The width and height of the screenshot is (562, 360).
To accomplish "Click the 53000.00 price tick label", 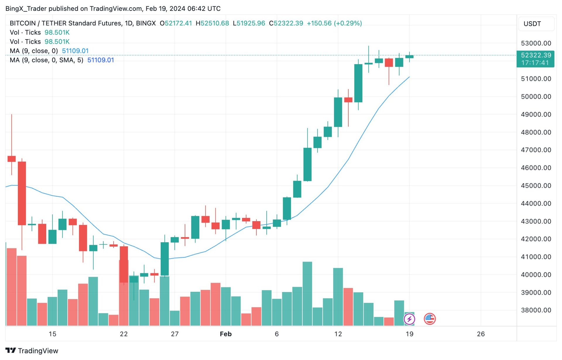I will (x=536, y=43).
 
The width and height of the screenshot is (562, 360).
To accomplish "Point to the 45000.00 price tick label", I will (x=536, y=186).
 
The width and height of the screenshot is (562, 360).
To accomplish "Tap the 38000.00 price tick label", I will (x=536, y=310).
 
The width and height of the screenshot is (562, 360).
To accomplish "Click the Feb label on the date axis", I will (x=226, y=334).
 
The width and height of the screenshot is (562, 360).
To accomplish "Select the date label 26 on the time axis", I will (x=481, y=334).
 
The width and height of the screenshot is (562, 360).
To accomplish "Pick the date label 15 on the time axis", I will (x=52, y=334).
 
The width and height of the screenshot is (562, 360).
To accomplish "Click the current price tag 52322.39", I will (x=536, y=55).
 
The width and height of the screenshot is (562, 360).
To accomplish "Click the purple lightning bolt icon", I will (x=409, y=319).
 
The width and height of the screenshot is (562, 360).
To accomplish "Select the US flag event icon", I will (x=429, y=319).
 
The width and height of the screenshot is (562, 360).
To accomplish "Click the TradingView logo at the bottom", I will (x=32, y=351).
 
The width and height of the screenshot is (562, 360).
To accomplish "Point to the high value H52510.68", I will (x=212, y=23).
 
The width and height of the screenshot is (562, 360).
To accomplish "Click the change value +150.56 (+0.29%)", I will (x=334, y=23).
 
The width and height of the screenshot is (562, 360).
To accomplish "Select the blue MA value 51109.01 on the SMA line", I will (x=100, y=60).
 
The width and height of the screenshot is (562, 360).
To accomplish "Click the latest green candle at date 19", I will (x=409, y=57).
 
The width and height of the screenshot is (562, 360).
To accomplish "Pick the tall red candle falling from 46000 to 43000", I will (x=22, y=193).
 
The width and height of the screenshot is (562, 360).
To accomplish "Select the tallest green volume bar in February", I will (x=307, y=293).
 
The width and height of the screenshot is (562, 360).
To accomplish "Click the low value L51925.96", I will (x=249, y=23).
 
